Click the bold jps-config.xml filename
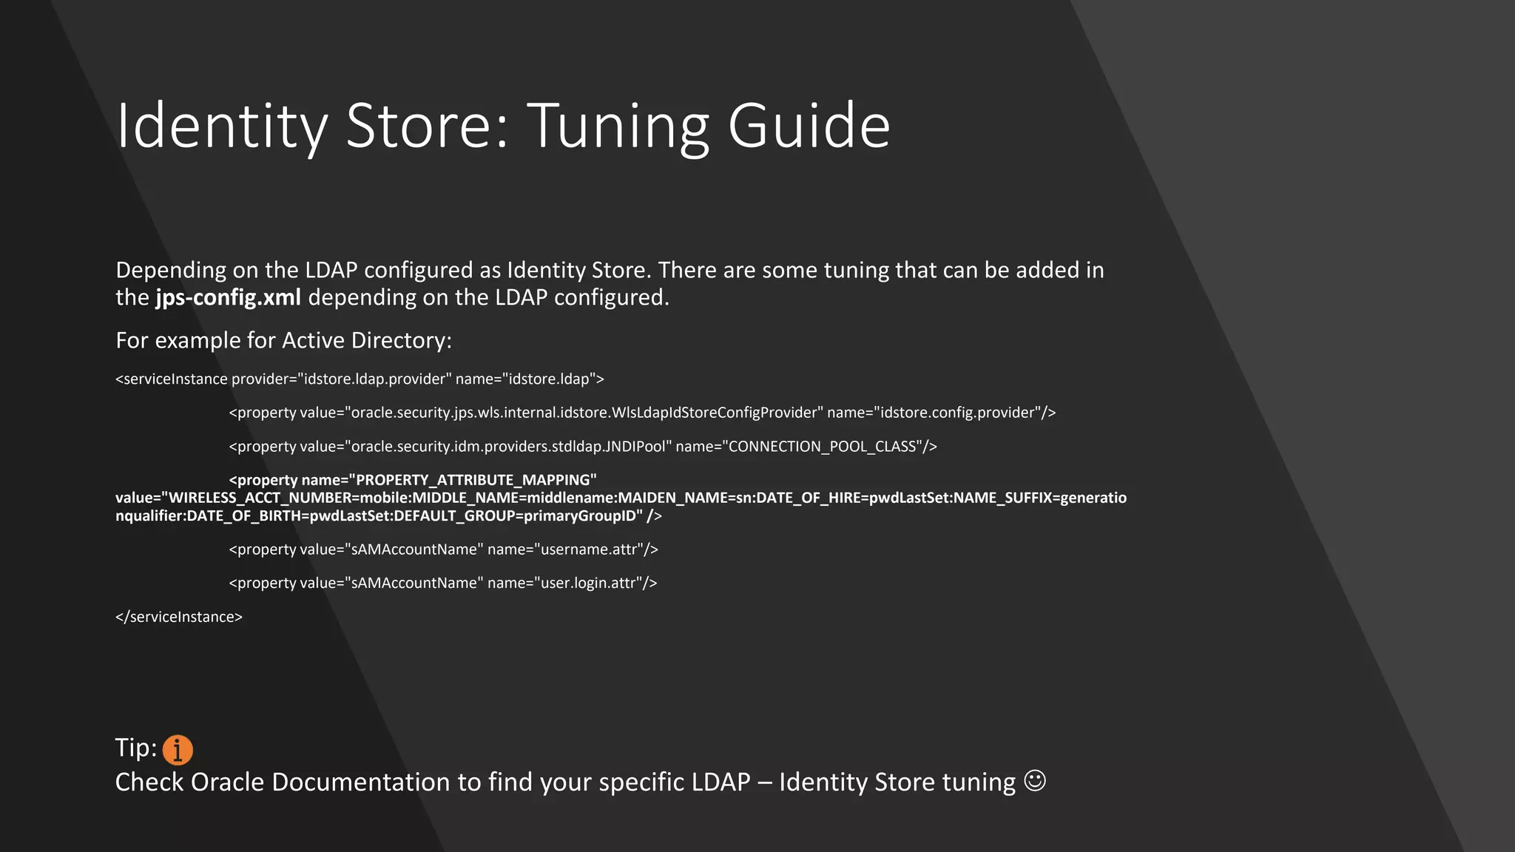pyautogui.click(x=228, y=297)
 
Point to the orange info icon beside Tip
pyautogui.click(x=178, y=749)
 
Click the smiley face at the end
pyautogui.click(x=1035, y=781)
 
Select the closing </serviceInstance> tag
pyautogui.click(x=179, y=617)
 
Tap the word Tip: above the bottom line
pyautogui.click(x=136, y=748)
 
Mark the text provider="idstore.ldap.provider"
pyautogui.click(x=341, y=379)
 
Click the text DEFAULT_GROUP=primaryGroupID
pyautogui.click(x=518, y=516)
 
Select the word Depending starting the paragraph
pyautogui.click(x=171, y=271)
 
